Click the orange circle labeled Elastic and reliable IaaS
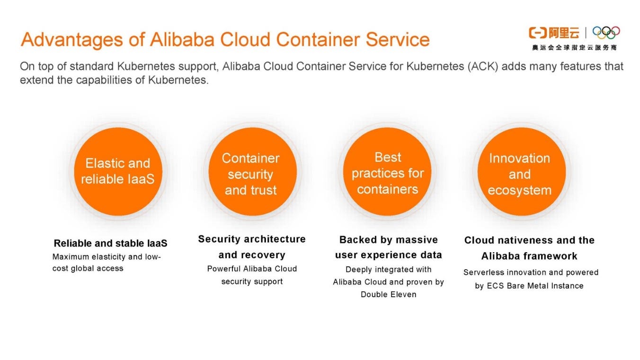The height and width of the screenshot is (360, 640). pyautogui.click(x=117, y=171)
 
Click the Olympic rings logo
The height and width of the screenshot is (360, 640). pyautogui.click(x=606, y=33)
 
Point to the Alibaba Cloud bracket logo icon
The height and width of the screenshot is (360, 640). pyautogui.click(x=537, y=33)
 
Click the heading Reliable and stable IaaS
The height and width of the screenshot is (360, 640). pyautogui.click(x=110, y=244)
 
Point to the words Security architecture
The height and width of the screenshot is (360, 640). pyautogui.click(x=252, y=239)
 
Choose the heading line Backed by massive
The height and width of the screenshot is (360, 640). pyautogui.click(x=388, y=240)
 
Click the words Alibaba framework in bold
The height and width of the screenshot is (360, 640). pyautogui.click(x=529, y=256)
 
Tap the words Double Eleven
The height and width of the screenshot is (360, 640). pyautogui.click(x=388, y=294)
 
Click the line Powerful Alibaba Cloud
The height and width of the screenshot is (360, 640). pyautogui.click(x=252, y=269)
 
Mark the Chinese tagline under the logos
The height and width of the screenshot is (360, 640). pyautogui.click(x=574, y=48)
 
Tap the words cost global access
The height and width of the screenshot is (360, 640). pyautogui.click(x=88, y=268)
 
